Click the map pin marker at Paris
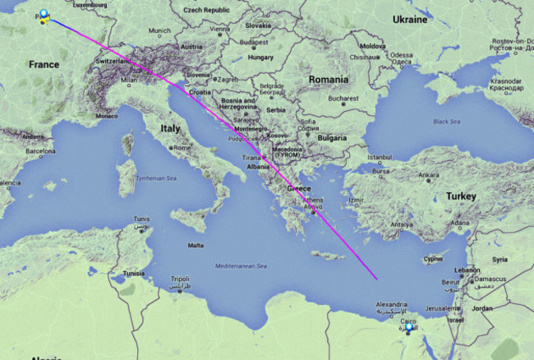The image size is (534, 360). tap(44, 16)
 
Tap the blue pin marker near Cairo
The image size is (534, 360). tap(408, 329)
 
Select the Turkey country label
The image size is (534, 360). tap(461, 196)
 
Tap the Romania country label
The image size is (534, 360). tap(329, 79)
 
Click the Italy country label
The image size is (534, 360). tap(170, 128)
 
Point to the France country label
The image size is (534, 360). tap(44, 64)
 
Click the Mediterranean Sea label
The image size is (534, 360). tap(240, 266)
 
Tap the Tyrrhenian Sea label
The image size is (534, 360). tap(155, 178)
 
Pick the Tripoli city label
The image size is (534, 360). tap(180, 279)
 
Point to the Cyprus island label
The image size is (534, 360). tap(432, 259)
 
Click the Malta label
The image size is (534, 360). tap(196, 246)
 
